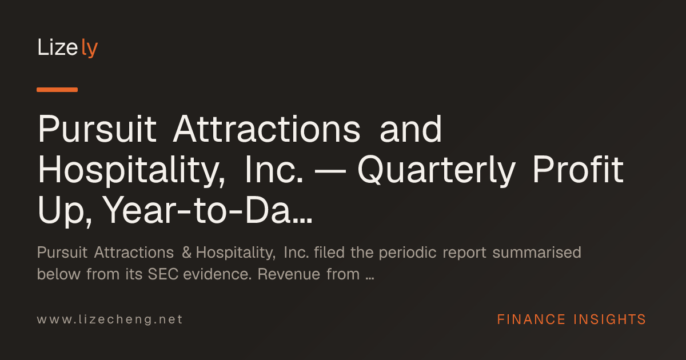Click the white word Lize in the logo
click(x=58, y=47)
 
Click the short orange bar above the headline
click(x=57, y=90)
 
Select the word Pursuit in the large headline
click(x=97, y=129)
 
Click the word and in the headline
click(x=411, y=129)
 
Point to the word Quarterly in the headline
click(x=437, y=170)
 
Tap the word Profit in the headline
click(x=578, y=169)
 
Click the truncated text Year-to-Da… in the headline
click(x=208, y=210)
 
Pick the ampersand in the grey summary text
click(x=186, y=253)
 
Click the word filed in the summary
click(x=329, y=253)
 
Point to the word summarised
click(x=537, y=253)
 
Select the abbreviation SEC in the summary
click(x=163, y=274)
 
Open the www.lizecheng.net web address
click(x=110, y=319)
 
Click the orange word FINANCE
click(x=531, y=319)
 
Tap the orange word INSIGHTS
click(x=609, y=319)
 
